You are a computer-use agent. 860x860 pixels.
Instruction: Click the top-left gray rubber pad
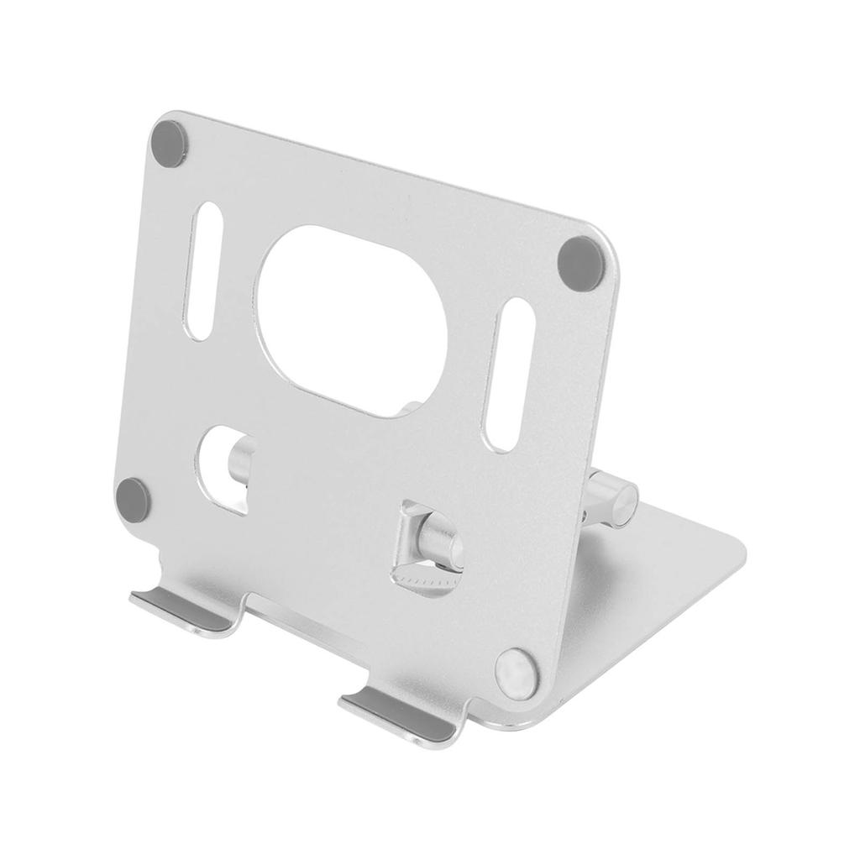(169, 144)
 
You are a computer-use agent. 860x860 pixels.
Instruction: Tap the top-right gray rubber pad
(580, 263)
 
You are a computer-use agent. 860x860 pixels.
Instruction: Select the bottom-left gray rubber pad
(133, 501)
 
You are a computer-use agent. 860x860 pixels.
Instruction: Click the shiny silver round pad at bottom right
(516, 673)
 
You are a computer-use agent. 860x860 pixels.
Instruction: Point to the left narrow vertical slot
(203, 270)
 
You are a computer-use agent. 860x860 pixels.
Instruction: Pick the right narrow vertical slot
(509, 375)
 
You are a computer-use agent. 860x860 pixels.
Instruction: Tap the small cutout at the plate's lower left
(225, 468)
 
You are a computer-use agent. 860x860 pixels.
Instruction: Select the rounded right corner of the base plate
(737, 548)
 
